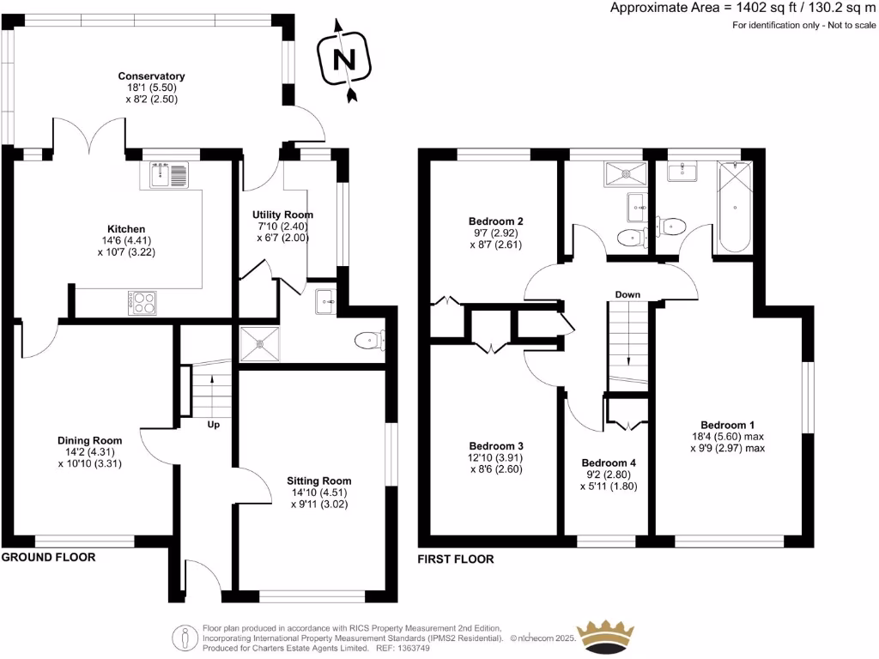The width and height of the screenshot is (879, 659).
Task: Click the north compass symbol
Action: tap(344, 58)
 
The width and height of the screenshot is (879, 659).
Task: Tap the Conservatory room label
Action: tap(151, 76)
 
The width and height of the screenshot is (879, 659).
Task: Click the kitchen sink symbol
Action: tap(168, 176)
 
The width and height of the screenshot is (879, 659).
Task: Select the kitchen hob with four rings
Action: tap(142, 302)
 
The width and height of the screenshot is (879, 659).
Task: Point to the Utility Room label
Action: tap(282, 215)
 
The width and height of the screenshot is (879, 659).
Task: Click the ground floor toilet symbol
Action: tap(370, 341)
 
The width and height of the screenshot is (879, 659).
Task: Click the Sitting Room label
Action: tap(319, 481)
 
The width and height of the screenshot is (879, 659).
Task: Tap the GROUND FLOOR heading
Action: tap(48, 557)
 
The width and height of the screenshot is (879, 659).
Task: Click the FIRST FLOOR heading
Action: tap(455, 559)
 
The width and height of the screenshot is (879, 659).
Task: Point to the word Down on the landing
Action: tap(627, 294)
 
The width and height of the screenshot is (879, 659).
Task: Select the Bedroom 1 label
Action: tap(727, 425)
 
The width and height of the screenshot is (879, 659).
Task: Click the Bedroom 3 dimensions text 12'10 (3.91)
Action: tap(496, 458)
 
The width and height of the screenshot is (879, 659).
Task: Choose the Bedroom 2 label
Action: tap(496, 221)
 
